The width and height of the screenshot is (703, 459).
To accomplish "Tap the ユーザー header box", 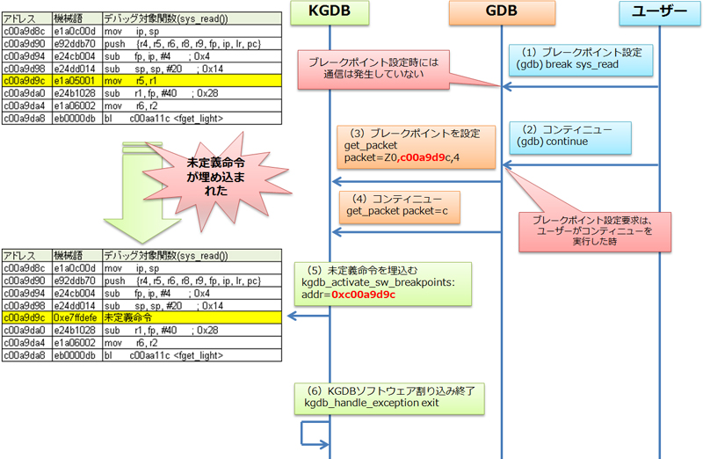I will (x=658, y=12).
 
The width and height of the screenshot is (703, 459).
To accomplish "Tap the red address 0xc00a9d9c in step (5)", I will (x=364, y=295).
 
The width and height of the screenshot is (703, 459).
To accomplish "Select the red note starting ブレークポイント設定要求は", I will (x=594, y=229).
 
